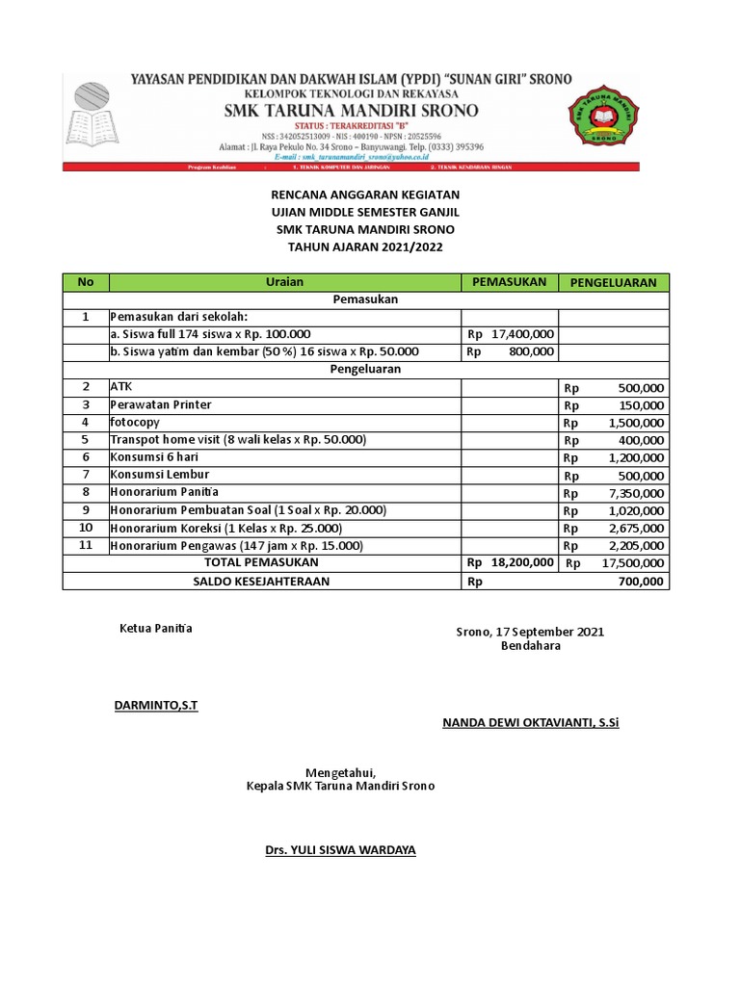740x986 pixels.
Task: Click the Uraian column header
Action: click(x=284, y=282)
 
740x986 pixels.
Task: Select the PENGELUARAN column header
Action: click(x=614, y=282)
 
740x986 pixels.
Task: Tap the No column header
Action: click(x=86, y=282)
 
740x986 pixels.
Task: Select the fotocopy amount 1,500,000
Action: click(x=636, y=423)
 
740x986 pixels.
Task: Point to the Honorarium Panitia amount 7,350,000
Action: click(x=636, y=493)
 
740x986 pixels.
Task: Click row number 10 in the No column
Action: click(x=86, y=529)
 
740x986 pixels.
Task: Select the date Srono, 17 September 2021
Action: click(x=529, y=632)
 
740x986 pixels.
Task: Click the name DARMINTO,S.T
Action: click(x=155, y=706)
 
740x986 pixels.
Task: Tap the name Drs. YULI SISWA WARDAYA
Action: click(x=340, y=850)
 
